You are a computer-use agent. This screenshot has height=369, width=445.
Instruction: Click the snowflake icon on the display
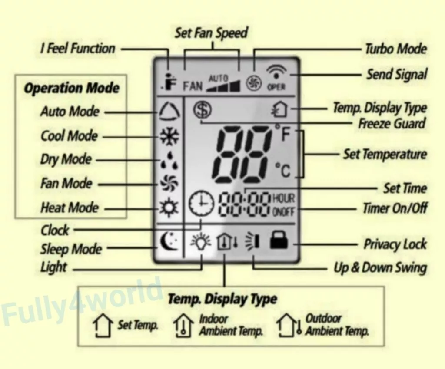169,137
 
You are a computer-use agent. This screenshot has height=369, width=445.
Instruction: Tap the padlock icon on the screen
279,240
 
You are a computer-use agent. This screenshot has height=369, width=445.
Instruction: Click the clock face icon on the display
201,203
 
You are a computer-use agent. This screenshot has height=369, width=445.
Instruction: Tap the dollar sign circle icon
203,110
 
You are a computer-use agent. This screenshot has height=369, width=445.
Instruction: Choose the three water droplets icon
170,160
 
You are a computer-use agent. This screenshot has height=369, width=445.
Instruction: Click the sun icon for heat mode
169,208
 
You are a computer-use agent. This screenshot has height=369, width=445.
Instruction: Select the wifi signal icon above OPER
276,72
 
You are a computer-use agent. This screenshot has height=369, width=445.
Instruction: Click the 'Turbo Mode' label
395,49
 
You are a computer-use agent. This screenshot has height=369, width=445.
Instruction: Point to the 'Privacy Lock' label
395,244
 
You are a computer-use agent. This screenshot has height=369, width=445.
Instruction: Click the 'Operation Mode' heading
72,88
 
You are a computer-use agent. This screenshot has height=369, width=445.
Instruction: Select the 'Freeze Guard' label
392,124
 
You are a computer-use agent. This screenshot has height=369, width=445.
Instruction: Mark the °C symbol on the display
283,170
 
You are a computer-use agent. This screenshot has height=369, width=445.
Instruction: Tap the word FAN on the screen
193,86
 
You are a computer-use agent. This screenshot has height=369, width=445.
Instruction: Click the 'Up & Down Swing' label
380,268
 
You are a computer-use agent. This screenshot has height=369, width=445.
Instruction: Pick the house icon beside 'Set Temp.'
102,325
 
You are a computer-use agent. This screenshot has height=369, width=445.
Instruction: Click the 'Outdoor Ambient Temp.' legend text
337,325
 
